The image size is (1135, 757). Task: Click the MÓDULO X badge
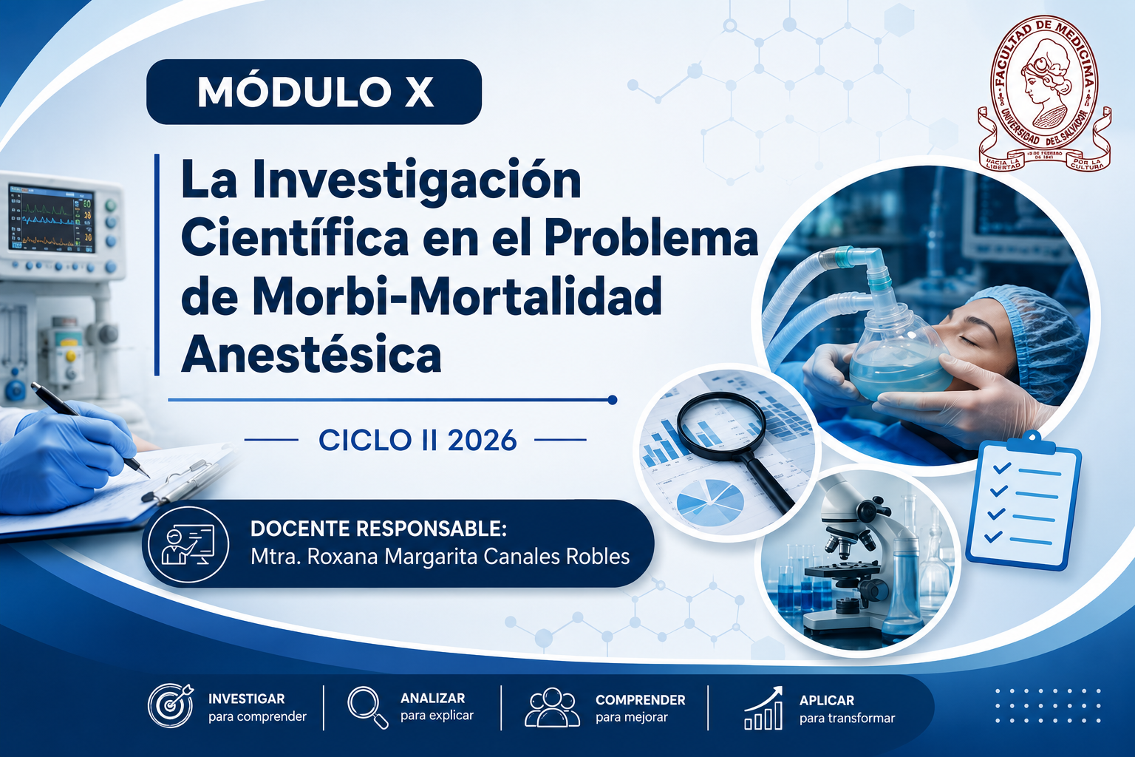pyautogui.click(x=313, y=92)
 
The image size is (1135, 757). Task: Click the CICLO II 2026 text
pyautogui.click(x=417, y=440)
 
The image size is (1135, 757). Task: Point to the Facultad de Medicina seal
pyautogui.click(x=1044, y=94)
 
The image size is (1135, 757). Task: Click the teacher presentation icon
pyautogui.click(x=188, y=544)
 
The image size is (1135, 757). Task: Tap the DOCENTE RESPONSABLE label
pyautogui.click(x=378, y=529)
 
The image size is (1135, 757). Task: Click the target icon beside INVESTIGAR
pyautogui.click(x=171, y=705)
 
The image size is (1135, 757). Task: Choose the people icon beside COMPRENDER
pyautogui.click(x=552, y=707)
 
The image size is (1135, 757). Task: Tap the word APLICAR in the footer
pyautogui.click(x=826, y=700)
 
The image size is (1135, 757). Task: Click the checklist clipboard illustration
pyautogui.click(x=1023, y=501)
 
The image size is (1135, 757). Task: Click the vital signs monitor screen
pyautogui.click(x=52, y=219)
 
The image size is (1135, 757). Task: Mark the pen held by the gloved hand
pyautogui.click(x=90, y=429)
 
